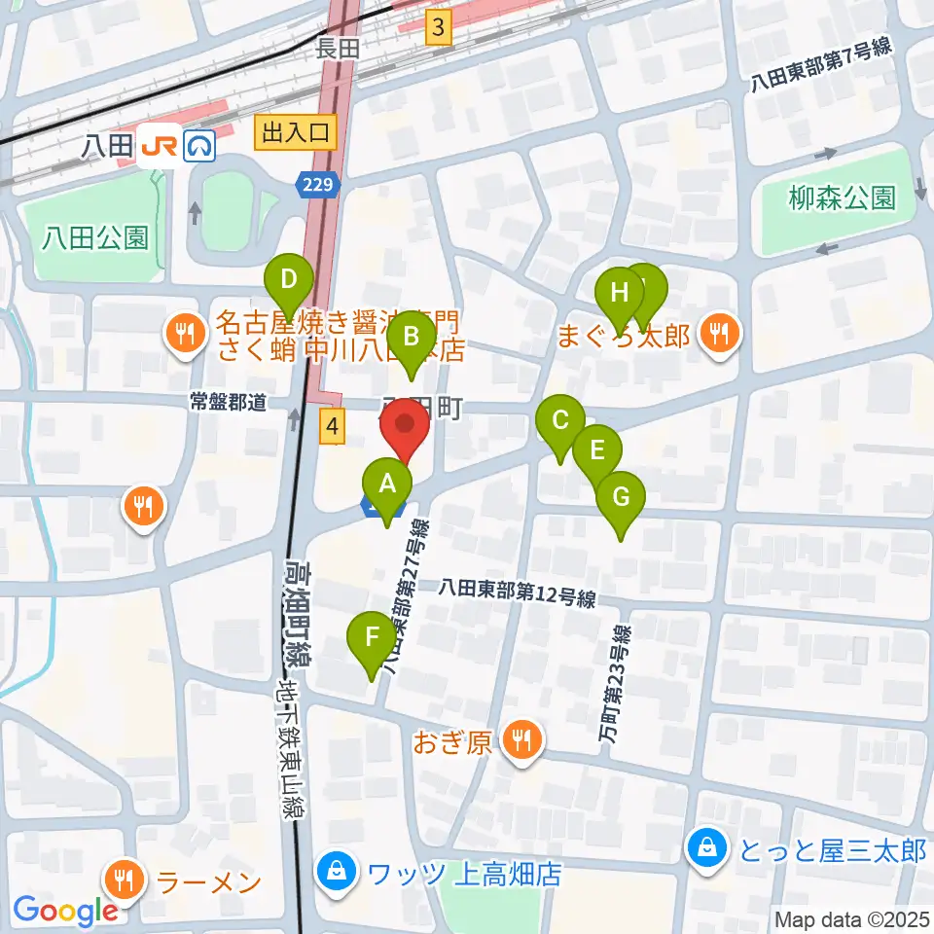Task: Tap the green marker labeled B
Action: click(411, 338)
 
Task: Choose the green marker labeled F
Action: click(372, 638)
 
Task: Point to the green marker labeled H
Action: click(619, 292)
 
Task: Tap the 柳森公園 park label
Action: click(842, 198)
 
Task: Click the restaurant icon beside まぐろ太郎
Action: click(720, 336)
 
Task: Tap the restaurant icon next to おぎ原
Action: click(522, 742)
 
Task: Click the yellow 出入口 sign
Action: click(296, 131)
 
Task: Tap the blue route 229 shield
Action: click(318, 185)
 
